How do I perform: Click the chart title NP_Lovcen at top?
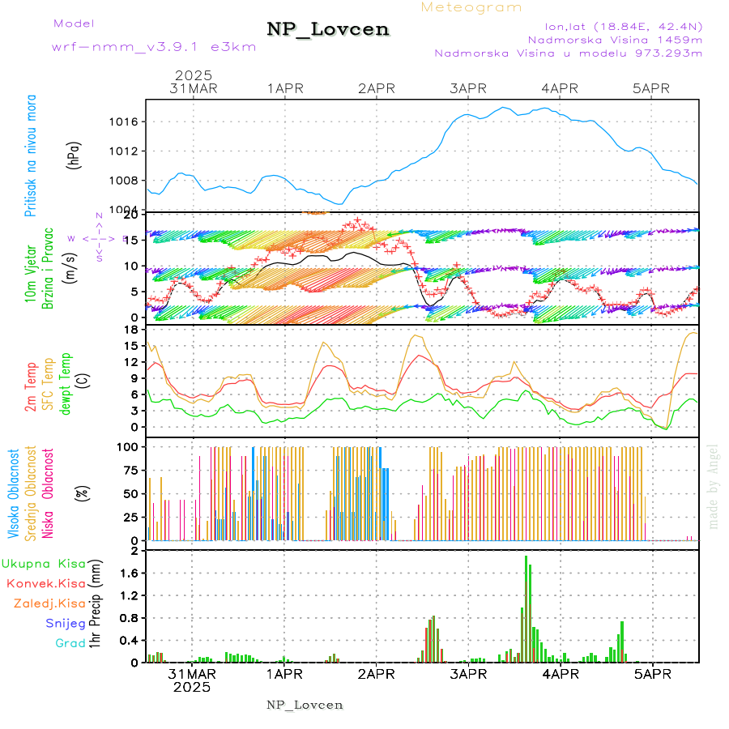328,29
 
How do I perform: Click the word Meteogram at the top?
471,7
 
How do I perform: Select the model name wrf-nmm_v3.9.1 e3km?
154,46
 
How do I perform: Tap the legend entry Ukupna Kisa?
44,563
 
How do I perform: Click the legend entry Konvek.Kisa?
46,583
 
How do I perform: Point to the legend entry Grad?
70,643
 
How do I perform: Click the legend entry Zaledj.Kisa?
50,603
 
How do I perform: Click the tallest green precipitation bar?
526,607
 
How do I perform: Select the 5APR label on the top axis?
651,88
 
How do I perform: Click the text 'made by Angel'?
714,486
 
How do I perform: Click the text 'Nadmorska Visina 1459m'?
615,39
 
